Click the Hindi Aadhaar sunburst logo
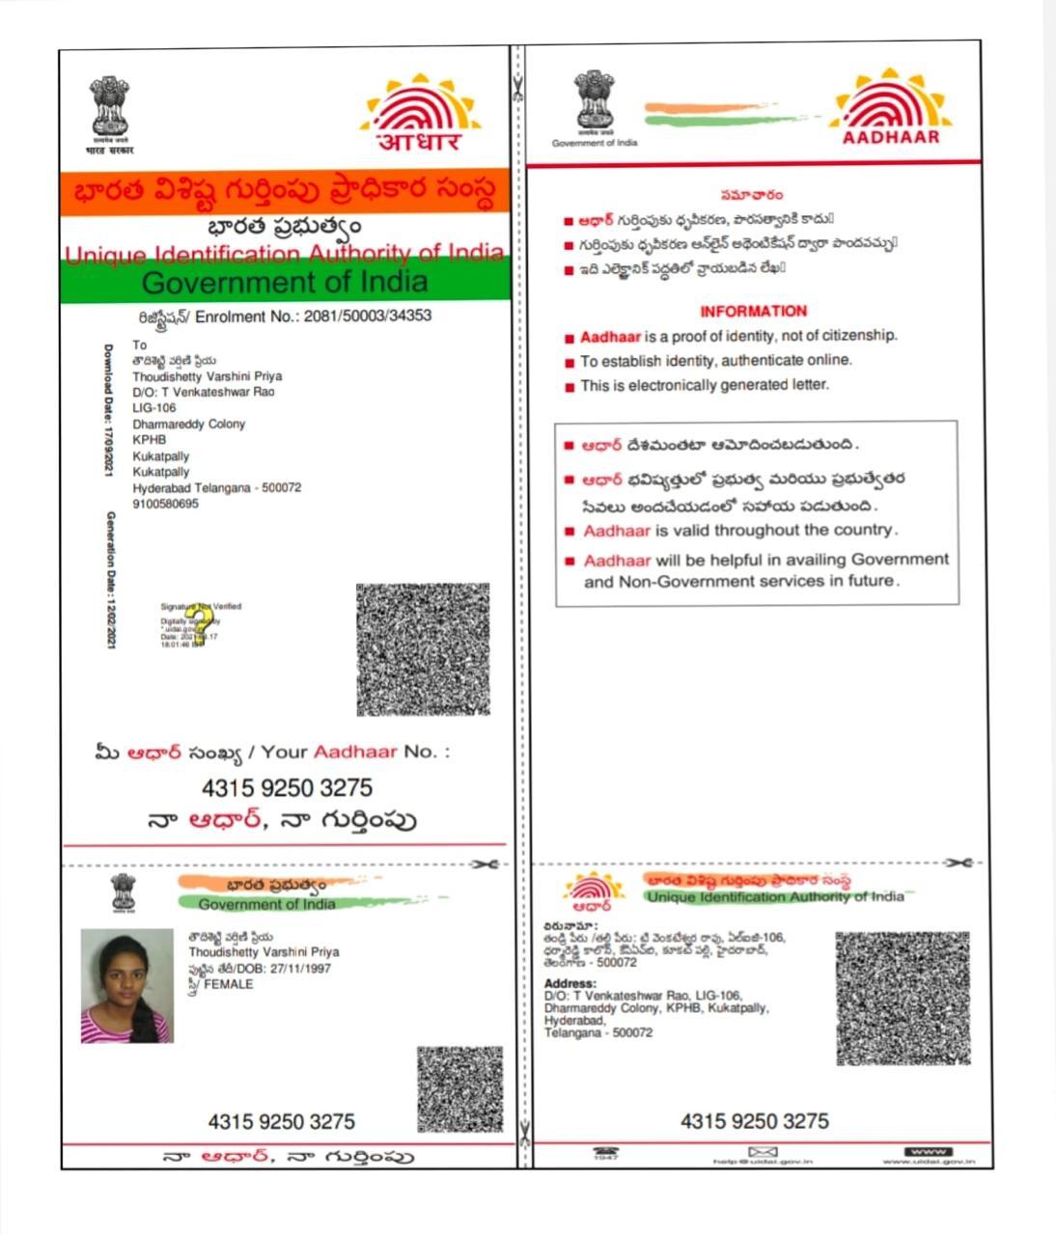click(421, 113)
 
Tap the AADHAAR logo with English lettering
click(890, 108)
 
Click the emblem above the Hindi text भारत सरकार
click(110, 109)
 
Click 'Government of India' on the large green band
click(285, 282)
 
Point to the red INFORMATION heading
click(753, 311)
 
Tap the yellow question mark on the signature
click(199, 625)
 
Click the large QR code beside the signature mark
click(423, 649)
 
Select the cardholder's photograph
click(126, 985)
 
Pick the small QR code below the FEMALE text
click(459, 1089)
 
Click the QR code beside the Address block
click(902, 999)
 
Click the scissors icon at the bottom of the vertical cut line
click(524, 1132)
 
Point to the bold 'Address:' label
click(570, 983)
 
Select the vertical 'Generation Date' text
click(111, 579)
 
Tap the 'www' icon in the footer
click(928, 1151)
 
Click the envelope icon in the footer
click(763, 1151)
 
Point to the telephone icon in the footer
click(606, 1152)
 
